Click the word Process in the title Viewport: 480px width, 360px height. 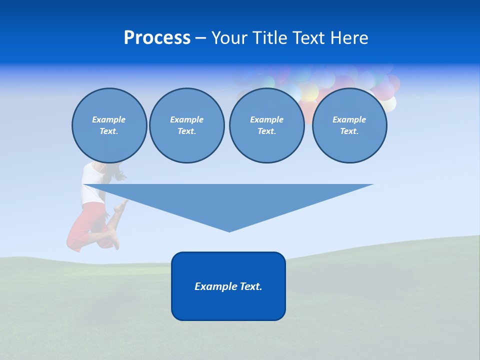point(157,38)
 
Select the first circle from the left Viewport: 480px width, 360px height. point(109,125)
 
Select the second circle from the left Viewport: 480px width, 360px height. point(186,125)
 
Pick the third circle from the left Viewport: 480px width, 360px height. point(266,125)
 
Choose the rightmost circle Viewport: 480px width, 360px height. point(349,125)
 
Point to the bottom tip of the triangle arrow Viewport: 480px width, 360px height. point(229,230)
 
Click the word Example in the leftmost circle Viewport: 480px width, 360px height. point(109,119)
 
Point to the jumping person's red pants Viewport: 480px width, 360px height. point(82,225)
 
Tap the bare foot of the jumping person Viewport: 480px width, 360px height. point(116,242)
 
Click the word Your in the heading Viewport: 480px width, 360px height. point(230,38)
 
